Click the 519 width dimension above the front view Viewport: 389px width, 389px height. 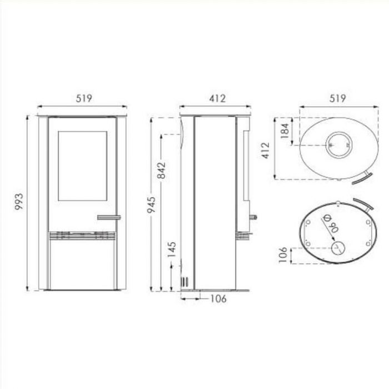[x=83, y=98]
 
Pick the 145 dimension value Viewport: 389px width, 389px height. [x=173, y=249]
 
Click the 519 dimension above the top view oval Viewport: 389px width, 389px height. [x=337, y=98]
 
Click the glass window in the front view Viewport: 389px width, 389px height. [x=83, y=167]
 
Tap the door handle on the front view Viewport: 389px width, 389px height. [x=108, y=216]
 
